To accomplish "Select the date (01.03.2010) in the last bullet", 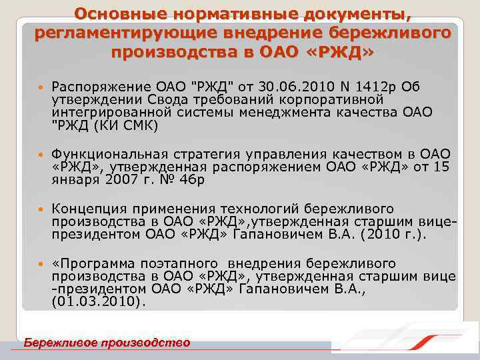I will tap(97, 301).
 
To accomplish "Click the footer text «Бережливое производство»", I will tap(106, 343).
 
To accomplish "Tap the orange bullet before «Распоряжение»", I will tap(42, 87).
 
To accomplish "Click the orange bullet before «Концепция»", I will tap(42, 209).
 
